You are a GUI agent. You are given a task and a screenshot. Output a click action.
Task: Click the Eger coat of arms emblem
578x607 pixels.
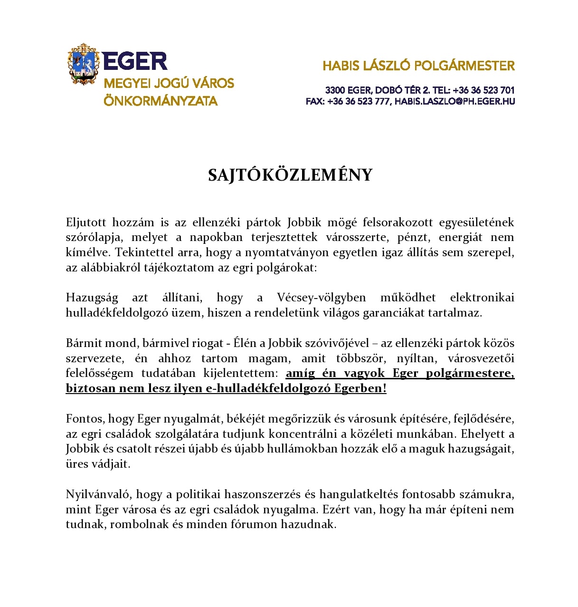(x=83, y=64)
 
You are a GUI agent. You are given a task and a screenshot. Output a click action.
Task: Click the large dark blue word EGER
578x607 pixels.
(x=135, y=61)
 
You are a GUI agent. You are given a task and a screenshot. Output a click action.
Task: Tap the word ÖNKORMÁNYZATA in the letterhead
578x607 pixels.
(x=161, y=101)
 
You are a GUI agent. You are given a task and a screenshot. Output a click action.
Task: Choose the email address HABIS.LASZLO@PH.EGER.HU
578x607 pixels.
(x=455, y=101)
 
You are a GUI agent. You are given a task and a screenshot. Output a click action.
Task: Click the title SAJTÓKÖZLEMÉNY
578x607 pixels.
(x=290, y=175)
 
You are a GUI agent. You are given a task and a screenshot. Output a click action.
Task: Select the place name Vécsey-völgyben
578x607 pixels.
(x=321, y=298)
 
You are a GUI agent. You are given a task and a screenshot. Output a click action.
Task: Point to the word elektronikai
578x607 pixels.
(x=482, y=298)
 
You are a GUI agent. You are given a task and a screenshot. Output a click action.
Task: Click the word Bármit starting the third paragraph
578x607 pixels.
(x=81, y=343)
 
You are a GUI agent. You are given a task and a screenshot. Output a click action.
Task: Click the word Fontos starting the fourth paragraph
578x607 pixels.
(x=84, y=419)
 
